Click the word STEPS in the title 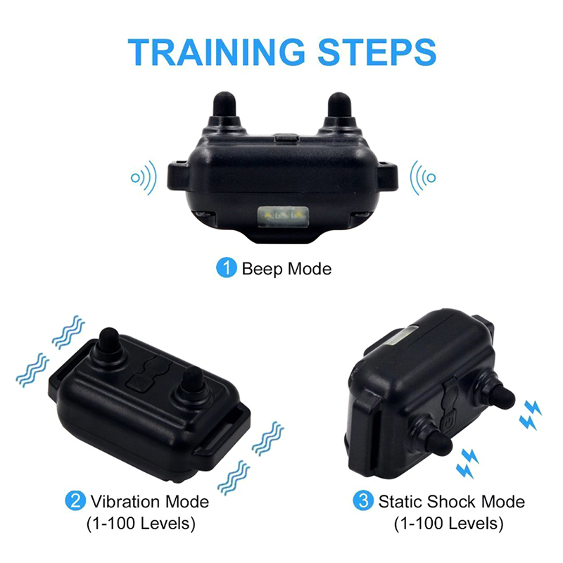tap(377, 52)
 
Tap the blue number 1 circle tap(226, 268)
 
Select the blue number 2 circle tap(75, 501)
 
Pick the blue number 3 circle tap(363, 500)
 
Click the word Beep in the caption tap(262, 269)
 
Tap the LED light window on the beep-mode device tap(283, 217)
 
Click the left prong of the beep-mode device tap(224, 107)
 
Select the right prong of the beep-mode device tap(339, 107)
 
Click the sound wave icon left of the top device tap(144, 178)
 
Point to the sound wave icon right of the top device tap(423, 178)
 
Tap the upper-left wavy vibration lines tap(68, 332)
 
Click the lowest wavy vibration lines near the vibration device tap(234, 478)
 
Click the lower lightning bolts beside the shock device tap(467, 464)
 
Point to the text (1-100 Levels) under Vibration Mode tap(141, 524)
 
